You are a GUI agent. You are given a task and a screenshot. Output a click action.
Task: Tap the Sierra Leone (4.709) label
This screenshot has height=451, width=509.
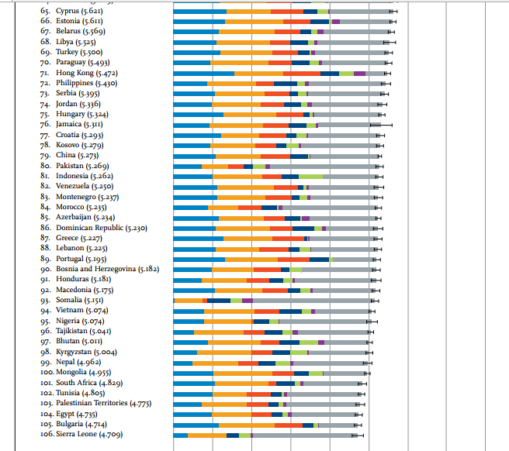point(89,435)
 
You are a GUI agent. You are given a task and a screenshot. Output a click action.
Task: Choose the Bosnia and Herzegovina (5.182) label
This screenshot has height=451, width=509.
point(107,269)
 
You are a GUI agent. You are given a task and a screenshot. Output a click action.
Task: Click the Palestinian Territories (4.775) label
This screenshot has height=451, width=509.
point(103,404)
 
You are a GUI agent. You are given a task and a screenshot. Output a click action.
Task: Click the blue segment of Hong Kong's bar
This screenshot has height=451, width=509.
point(203,73)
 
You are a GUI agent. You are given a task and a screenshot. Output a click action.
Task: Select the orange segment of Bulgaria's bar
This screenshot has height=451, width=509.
point(246,425)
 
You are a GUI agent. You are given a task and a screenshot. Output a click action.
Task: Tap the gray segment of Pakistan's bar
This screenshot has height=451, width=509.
point(322,166)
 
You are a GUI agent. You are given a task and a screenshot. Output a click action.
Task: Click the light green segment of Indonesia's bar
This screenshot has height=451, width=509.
point(310,176)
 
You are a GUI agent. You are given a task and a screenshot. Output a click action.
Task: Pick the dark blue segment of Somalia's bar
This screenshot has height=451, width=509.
point(219,300)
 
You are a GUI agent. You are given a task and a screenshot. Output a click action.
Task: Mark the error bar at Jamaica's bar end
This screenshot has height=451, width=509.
point(380,124)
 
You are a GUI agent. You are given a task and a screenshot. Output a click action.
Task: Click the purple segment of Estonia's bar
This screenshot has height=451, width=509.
point(335,22)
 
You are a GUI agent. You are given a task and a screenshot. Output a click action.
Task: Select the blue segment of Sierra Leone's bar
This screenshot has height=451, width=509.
point(180,435)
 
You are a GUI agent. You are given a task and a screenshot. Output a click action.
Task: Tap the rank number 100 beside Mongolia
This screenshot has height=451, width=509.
point(46,373)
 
